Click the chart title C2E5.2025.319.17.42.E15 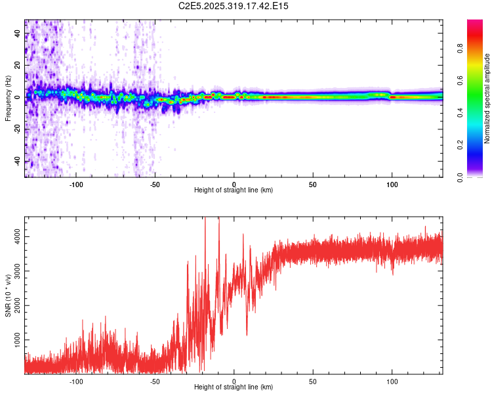point(234,6)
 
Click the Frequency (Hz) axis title point(8,98)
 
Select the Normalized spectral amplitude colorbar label point(487,98)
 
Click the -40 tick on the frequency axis point(18,161)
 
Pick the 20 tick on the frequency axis point(18,66)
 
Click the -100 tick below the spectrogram point(76,183)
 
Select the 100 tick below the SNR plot point(392,380)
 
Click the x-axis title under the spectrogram point(234,190)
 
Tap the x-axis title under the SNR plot point(234,387)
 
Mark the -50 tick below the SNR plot point(155,380)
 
